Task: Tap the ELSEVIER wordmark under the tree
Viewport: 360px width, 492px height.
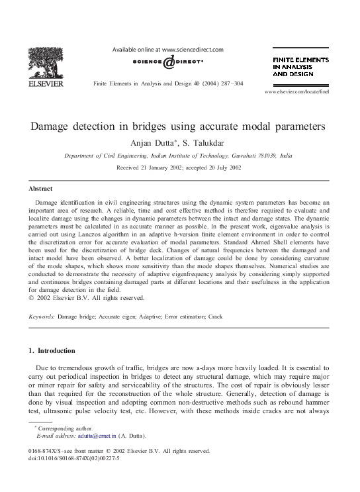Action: coord(45,84)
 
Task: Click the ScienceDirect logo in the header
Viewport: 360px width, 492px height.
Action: coord(168,62)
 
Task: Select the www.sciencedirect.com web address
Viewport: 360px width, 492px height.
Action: coord(193,50)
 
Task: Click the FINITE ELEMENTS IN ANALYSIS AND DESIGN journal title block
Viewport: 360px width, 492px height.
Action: coord(301,67)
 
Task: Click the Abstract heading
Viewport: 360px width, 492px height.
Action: coord(41,188)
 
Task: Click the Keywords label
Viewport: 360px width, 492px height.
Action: coord(42,317)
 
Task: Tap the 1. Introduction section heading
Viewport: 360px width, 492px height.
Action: coord(52,350)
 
